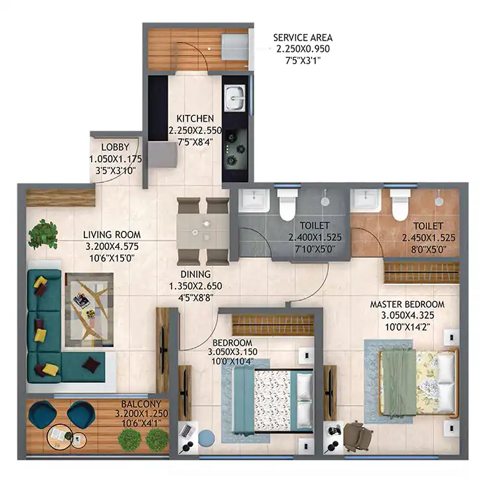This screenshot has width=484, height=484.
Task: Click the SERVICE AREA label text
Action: (x=302, y=38)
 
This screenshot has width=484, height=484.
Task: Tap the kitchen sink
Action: (x=235, y=98)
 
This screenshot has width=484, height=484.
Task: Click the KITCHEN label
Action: (x=195, y=118)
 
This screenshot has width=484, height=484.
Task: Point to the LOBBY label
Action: (x=115, y=147)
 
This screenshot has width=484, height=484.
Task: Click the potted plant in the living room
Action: (x=43, y=233)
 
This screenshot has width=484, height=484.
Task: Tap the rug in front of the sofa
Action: (x=89, y=310)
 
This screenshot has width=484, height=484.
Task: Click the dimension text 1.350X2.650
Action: (x=195, y=286)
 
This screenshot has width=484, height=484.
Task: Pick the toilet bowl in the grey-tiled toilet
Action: (x=287, y=204)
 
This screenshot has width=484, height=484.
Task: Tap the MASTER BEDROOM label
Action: (x=408, y=304)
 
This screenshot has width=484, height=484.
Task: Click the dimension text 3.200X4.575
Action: (x=112, y=247)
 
